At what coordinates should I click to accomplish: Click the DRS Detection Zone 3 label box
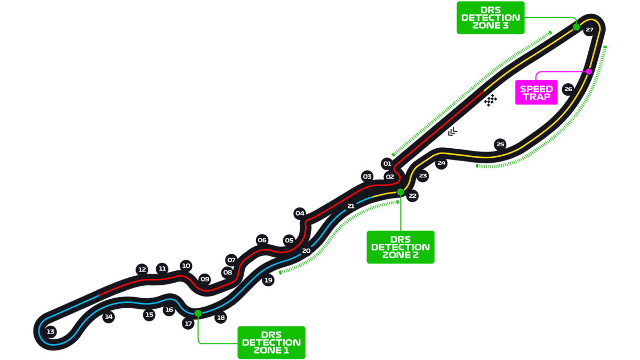pos(490,18)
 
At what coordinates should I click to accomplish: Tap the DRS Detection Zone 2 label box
pos(400,247)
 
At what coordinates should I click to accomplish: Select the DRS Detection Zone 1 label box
pos(271,342)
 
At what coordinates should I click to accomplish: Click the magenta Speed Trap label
pos(536,93)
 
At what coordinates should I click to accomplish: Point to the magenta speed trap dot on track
pos(589,71)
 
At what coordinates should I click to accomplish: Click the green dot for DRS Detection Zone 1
pos(198,313)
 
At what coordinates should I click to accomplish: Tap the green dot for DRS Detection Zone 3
pos(576,27)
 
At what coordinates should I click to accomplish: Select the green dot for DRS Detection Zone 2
pos(401,192)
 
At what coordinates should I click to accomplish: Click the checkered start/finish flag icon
pos(491,100)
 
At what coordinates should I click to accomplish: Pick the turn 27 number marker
pos(589,30)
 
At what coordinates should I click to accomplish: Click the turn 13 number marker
pos(51,332)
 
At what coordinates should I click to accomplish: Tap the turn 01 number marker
pos(387,164)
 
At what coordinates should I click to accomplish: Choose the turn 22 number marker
pos(412,196)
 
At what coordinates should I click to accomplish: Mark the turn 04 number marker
pos(300,213)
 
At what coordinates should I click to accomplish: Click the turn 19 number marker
pos(268,280)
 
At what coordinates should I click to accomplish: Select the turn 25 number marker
pos(500,144)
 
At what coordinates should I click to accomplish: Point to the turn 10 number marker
pos(186,266)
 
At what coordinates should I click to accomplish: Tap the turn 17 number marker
pos(188,324)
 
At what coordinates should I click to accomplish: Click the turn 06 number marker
pos(262,240)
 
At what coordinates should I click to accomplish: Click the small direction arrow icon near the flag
pos(452,132)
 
